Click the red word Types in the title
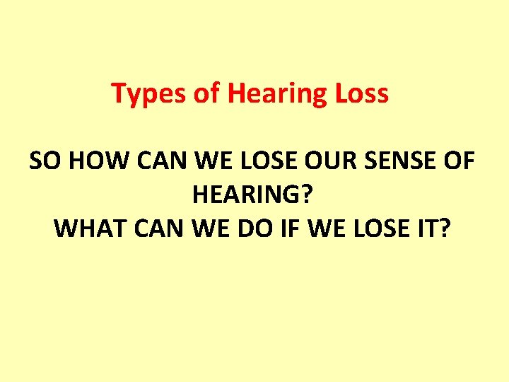point(144,94)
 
